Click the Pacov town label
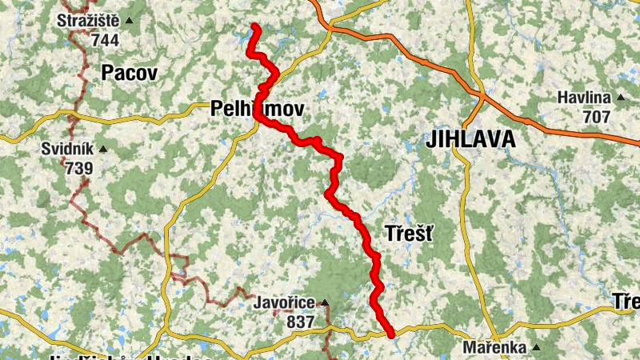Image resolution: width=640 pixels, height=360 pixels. coord(130,74)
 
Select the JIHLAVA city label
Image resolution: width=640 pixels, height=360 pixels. coord(470,138)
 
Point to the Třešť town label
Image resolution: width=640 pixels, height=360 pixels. coord(409,234)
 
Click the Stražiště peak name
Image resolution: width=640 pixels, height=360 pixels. coord(88,21)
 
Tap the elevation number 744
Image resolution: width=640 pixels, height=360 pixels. coord(105,39)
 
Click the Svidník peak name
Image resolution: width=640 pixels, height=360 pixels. coord(68,150)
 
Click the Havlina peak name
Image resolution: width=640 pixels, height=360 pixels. coord(585,98)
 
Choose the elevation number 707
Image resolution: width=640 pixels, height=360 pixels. coord(595,117)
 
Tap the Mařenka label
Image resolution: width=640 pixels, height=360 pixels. coord(495,348)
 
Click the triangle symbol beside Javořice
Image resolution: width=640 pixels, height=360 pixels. coord(324,303)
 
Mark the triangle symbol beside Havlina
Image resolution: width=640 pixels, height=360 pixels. coord(620,98)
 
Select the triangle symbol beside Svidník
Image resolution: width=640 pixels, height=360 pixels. coord(102,149)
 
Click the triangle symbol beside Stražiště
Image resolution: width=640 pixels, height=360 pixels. coord(130,20)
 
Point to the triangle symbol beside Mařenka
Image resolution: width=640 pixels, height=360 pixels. coord(536,347)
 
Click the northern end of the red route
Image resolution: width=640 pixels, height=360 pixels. coord(255,27)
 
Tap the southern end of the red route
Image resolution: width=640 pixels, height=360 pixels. coord(391,335)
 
